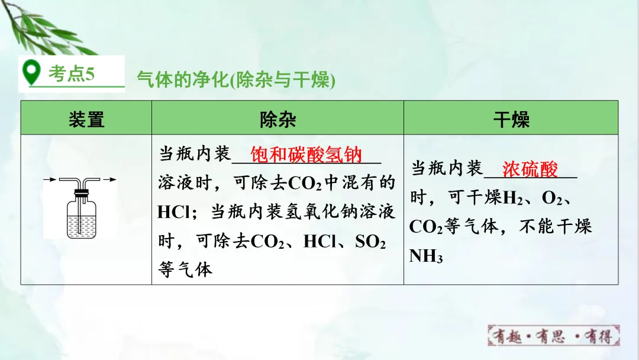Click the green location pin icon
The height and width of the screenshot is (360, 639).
coord(31,73)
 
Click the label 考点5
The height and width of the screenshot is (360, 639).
coord(71,74)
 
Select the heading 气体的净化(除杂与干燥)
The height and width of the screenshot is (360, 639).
coord(236,80)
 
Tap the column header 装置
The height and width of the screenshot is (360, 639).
coord(86,119)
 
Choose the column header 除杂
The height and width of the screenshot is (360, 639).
coord(277,119)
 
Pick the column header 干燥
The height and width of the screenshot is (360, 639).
coord(511,119)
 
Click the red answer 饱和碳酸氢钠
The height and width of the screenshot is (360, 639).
coord(306,155)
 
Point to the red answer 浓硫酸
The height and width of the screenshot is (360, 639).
coord(530,169)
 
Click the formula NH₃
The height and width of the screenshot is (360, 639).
coord(426,256)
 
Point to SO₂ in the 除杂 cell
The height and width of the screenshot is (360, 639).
coord(370,242)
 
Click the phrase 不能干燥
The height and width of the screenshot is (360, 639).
coord(555,227)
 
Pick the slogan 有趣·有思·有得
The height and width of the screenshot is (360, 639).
coord(554,336)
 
